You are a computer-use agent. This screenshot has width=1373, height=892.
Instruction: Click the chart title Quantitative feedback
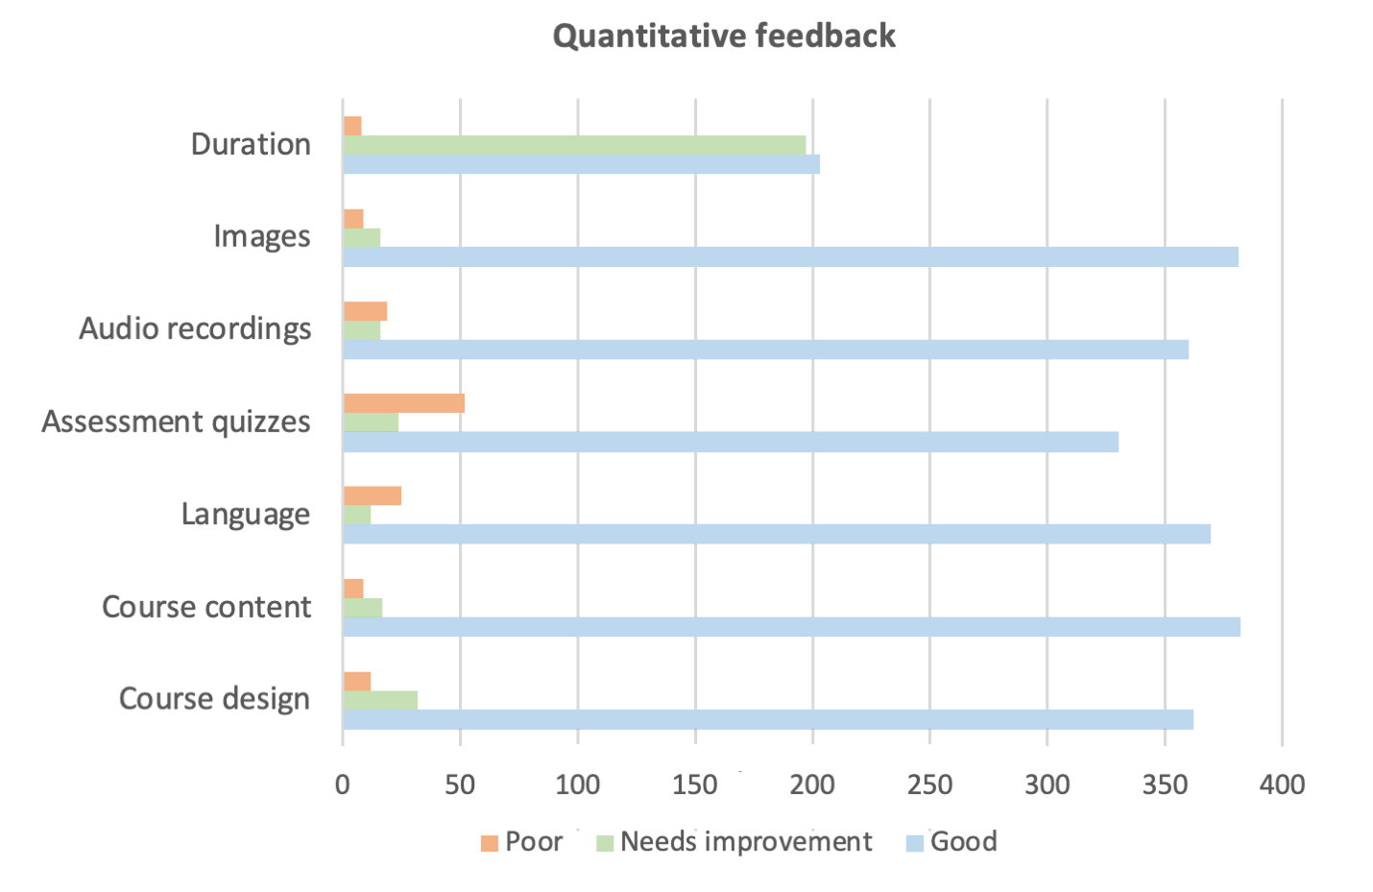[x=724, y=36]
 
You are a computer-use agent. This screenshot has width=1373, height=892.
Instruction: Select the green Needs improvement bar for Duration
[x=574, y=145]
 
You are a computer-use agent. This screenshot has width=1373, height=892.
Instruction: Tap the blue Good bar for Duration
[x=581, y=164]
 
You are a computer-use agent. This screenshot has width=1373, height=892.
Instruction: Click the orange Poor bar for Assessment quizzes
[x=403, y=403]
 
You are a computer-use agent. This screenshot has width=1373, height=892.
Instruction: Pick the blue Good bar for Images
[x=790, y=256]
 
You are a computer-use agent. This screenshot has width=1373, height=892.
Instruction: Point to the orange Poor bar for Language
[x=372, y=495]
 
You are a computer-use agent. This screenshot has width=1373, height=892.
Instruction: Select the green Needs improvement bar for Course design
[x=380, y=700]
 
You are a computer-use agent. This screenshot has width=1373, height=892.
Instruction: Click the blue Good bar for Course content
[x=791, y=627]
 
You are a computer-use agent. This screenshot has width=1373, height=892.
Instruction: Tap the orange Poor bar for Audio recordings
[x=365, y=311]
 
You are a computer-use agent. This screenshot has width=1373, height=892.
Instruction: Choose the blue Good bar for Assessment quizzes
[x=731, y=442]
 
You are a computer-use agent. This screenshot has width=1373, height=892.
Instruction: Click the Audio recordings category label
[x=195, y=329]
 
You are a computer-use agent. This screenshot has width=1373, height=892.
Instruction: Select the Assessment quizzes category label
[x=176, y=422]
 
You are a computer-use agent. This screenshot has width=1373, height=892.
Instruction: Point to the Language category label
[x=246, y=515]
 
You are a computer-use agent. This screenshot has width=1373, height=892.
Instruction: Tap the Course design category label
[x=214, y=699]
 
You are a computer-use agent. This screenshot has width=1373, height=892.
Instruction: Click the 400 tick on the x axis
[x=1282, y=784]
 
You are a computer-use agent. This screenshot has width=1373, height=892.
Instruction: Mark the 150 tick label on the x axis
[x=694, y=784]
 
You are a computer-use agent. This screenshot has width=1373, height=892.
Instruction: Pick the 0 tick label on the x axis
[x=343, y=784]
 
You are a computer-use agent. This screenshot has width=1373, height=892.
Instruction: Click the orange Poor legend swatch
[x=490, y=843]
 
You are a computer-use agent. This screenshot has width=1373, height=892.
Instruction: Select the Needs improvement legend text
[x=746, y=842]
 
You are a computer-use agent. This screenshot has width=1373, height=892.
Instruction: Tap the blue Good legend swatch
[x=914, y=843]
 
